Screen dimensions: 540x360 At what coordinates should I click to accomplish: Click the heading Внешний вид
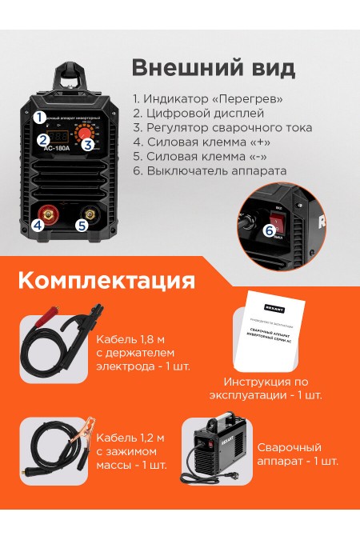[x=213, y=66]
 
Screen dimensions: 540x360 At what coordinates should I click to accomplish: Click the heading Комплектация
[x=106, y=281]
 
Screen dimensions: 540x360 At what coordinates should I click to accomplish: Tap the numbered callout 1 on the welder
[x=38, y=117]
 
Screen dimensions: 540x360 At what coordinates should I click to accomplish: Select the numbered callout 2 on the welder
[x=42, y=139]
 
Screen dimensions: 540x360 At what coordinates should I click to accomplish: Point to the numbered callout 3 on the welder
[x=88, y=144]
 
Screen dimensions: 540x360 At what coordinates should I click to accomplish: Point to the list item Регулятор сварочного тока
[x=222, y=128]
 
